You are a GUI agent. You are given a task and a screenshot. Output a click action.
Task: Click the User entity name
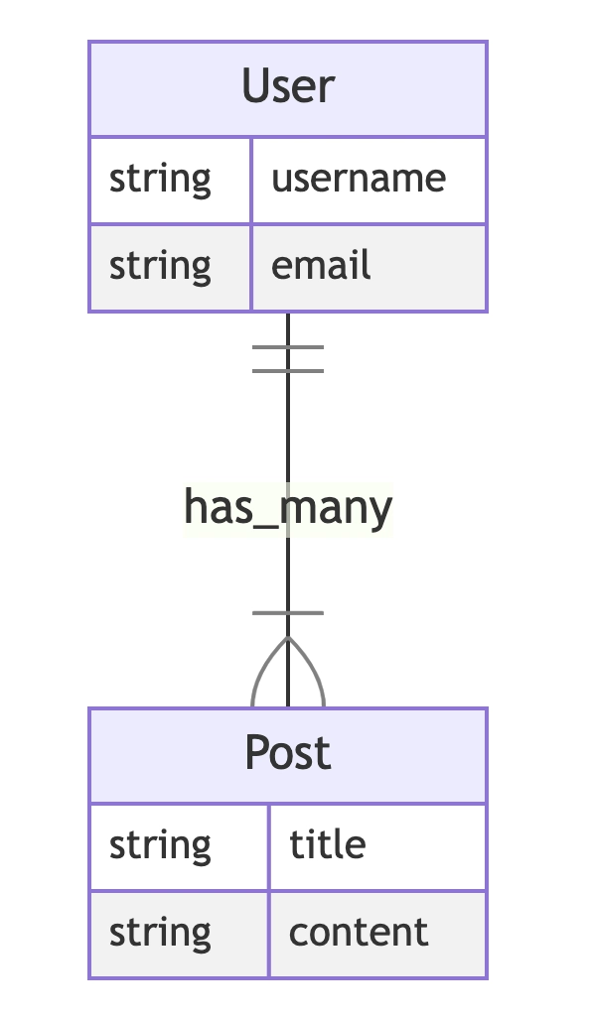pos(288,85)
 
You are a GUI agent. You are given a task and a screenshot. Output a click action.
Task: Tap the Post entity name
pos(288,752)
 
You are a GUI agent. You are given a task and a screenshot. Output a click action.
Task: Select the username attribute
pos(358,178)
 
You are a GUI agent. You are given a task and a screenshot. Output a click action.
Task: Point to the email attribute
pos(321,265)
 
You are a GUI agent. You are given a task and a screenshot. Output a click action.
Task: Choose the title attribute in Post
pos(328,844)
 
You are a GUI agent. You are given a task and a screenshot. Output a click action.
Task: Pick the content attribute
pos(359,933)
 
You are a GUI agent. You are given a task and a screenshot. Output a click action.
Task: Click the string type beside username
pos(160,180)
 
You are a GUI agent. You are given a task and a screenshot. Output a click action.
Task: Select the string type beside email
pos(160,266)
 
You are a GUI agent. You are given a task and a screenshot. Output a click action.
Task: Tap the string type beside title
pos(160,846)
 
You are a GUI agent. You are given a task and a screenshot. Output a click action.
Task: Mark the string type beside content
pos(160,933)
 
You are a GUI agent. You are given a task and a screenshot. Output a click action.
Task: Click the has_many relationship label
pos(288,509)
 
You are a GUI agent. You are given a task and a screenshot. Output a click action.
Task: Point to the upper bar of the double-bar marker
pos(288,347)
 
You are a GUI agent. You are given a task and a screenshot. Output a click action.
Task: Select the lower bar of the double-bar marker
pos(288,371)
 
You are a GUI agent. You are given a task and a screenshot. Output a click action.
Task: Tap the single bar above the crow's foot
pos(288,613)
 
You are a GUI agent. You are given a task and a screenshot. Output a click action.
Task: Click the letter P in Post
pos(256,752)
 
